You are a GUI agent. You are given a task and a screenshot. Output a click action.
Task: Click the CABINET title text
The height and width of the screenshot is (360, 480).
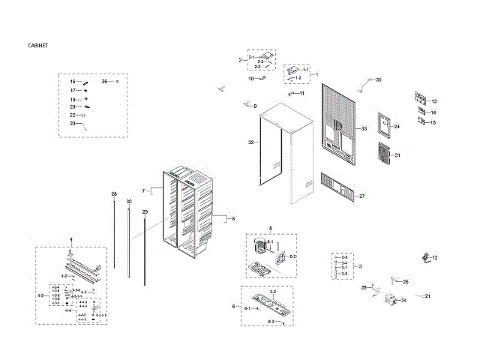[38, 46]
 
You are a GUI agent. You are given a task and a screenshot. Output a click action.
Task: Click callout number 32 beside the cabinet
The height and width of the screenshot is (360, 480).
[251, 142]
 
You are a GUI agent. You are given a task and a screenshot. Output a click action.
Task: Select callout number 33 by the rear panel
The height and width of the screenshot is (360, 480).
[364, 129]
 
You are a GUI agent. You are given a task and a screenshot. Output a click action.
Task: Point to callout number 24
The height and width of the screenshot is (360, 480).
[397, 127]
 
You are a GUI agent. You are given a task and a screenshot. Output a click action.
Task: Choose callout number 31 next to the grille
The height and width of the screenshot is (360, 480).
[397, 155]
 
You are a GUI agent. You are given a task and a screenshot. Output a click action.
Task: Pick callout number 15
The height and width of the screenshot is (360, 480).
[433, 122]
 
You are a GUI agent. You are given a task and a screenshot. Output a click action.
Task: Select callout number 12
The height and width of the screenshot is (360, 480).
[434, 257]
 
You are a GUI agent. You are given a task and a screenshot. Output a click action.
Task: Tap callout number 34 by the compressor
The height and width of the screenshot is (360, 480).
[403, 301]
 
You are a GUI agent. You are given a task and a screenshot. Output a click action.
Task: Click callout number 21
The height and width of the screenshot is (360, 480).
[428, 296]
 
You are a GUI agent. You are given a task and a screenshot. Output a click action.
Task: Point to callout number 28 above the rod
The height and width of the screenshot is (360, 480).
[114, 194]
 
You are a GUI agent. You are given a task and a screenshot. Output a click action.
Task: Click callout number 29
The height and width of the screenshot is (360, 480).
[145, 212]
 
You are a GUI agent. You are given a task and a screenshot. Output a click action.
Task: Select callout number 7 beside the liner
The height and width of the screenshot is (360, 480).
[143, 191]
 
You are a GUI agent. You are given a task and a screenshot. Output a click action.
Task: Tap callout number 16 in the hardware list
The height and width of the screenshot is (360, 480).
[73, 81]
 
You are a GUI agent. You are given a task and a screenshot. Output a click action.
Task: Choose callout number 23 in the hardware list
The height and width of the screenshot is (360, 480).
[73, 123]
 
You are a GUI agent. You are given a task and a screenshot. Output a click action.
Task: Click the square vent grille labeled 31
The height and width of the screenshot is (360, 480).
[382, 154]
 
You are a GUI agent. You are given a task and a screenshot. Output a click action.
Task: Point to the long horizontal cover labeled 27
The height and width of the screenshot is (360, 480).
[337, 187]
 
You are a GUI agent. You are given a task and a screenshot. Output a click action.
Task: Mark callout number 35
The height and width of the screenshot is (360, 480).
[378, 79]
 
